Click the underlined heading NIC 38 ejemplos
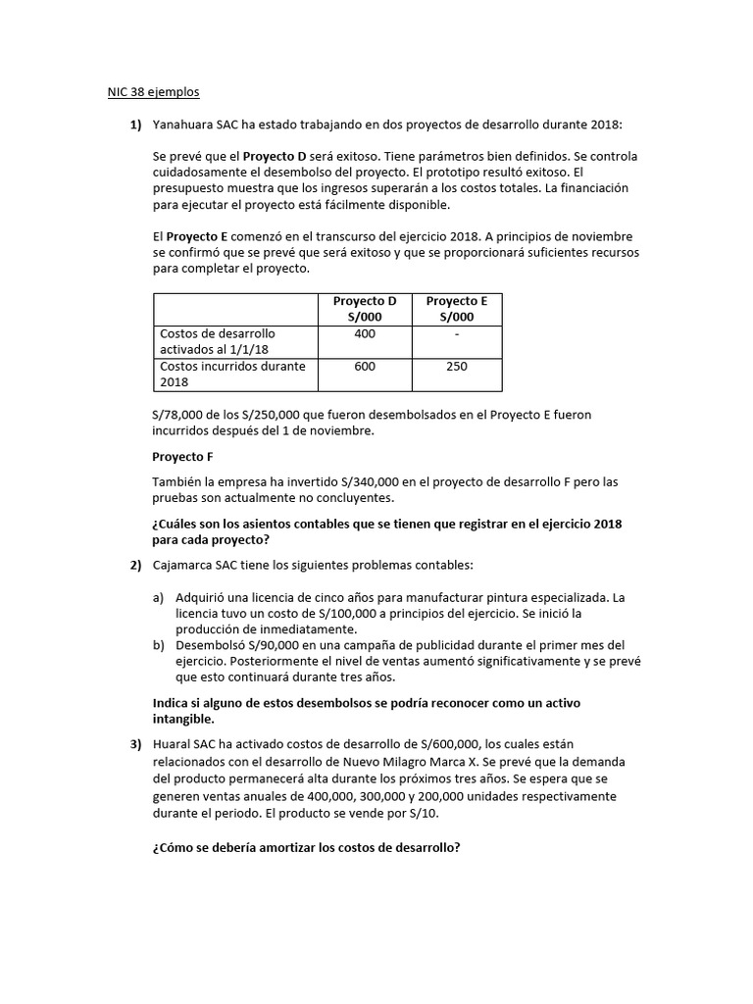153,92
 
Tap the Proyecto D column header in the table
365,309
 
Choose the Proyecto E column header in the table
456,309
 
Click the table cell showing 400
365,334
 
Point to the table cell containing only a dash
456,334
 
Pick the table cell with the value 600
365,367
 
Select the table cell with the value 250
456,367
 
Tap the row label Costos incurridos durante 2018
232,374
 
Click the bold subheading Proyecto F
182,457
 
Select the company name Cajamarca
188,566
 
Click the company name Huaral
173,746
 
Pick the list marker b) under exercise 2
159,645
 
